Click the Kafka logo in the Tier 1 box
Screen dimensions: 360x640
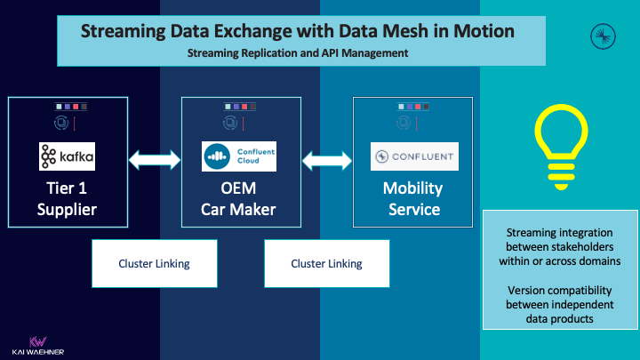68,156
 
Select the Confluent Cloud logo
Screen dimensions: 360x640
238,156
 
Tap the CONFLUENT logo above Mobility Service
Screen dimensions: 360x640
414,156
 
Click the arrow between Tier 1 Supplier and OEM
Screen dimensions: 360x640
155,161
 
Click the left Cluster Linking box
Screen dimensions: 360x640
155,264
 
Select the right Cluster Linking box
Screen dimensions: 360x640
326,264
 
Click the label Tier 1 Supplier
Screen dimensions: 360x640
68,199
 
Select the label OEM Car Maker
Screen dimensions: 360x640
239,199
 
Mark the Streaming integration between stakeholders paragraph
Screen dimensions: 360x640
556,247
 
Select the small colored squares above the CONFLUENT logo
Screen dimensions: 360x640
413,107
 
